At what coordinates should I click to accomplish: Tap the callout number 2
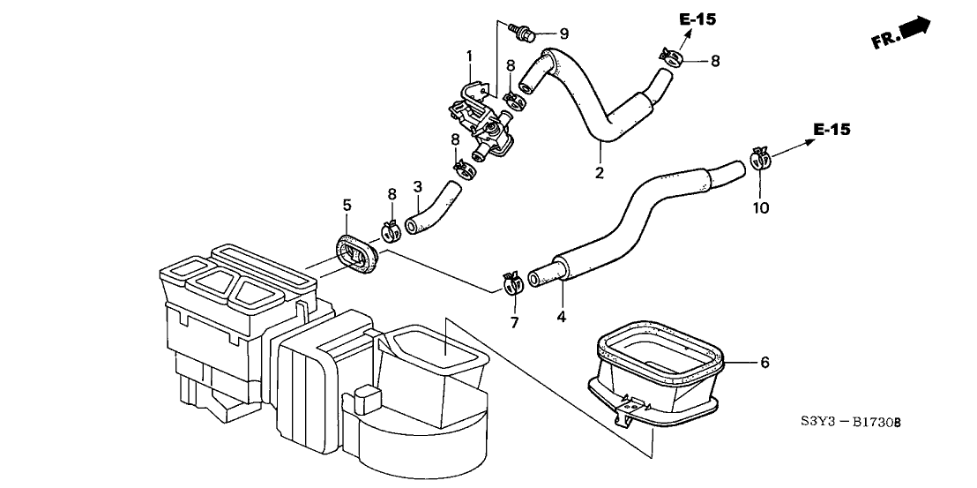point(600,173)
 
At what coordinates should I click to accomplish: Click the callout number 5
point(347,205)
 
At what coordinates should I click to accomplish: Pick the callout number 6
point(764,362)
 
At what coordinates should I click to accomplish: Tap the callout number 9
point(563,34)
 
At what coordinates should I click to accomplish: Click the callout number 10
point(761,208)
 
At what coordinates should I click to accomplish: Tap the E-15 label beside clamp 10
point(832,130)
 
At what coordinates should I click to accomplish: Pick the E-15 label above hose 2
point(698,19)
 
